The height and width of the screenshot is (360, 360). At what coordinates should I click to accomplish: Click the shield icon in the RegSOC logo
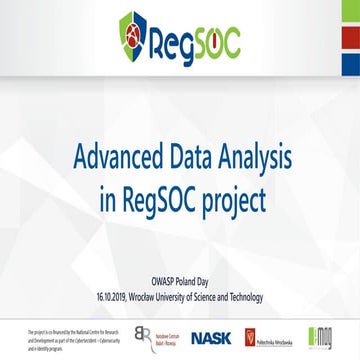click(x=133, y=41)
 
